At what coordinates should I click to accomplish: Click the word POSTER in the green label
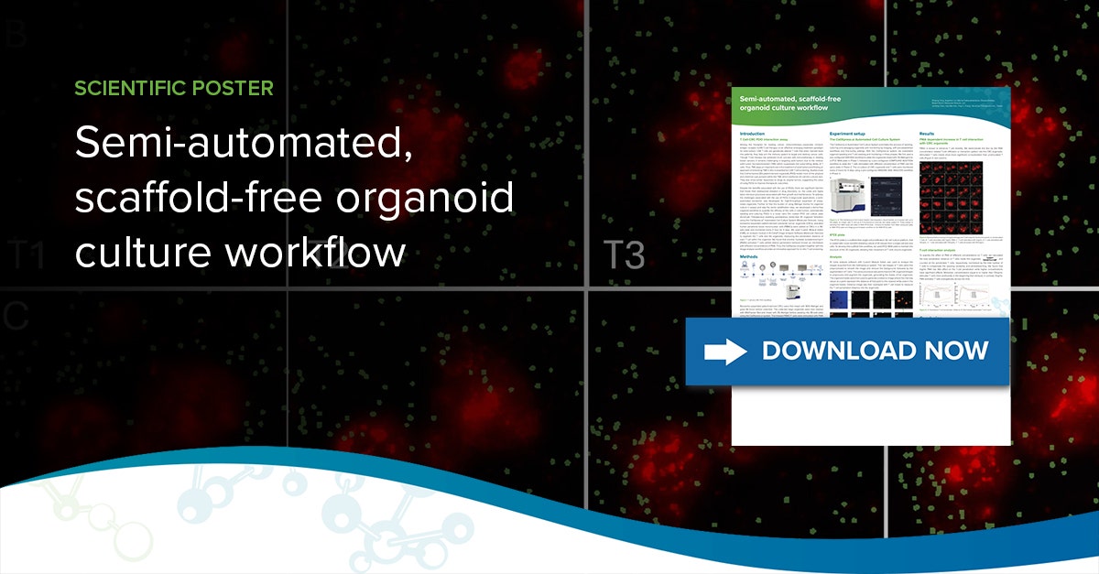(x=236, y=89)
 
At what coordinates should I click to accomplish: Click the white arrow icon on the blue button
(x=724, y=351)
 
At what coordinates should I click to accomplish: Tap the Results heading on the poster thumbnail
(x=927, y=134)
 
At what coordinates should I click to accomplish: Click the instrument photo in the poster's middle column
(x=848, y=196)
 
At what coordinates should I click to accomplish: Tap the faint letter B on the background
(x=15, y=38)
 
